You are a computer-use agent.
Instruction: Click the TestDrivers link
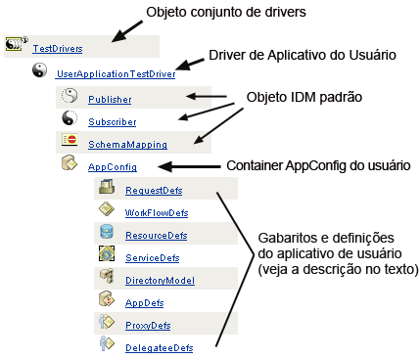57,48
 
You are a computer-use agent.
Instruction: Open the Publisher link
109,100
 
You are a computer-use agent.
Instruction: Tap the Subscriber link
113,122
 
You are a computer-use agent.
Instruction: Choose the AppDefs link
144,303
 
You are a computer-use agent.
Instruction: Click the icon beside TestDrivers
15,44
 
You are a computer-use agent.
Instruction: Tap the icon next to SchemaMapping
70,141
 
